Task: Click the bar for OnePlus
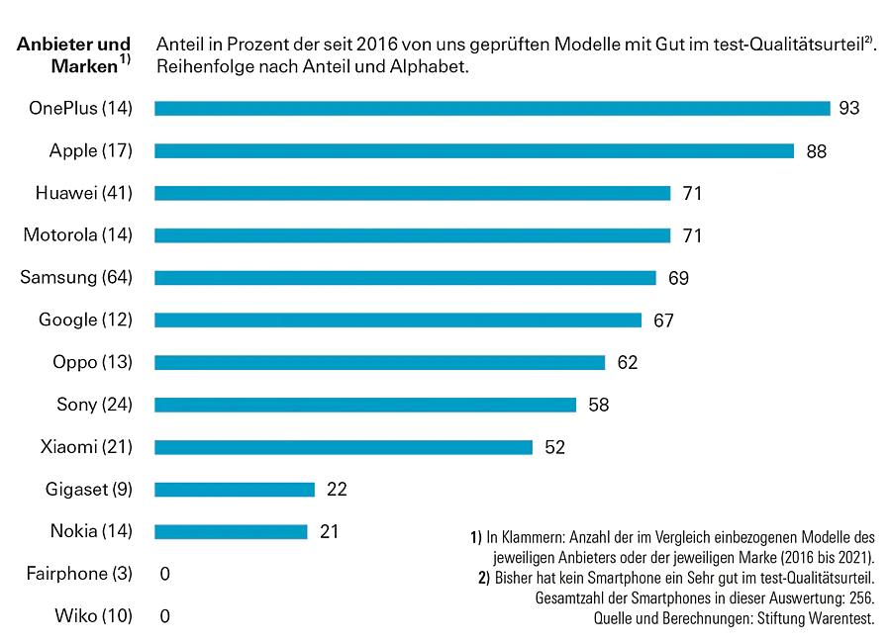click(492, 108)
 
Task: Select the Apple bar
click(474, 150)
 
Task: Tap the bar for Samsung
click(405, 278)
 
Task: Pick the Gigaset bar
click(235, 489)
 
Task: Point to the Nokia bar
click(231, 531)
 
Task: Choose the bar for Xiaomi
click(344, 447)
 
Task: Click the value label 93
click(849, 108)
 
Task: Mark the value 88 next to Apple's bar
click(816, 151)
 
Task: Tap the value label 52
click(554, 447)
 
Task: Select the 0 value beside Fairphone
click(165, 574)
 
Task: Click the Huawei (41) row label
click(83, 193)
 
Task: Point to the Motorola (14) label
click(77, 235)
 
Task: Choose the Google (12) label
click(85, 320)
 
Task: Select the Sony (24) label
click(94, 405)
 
